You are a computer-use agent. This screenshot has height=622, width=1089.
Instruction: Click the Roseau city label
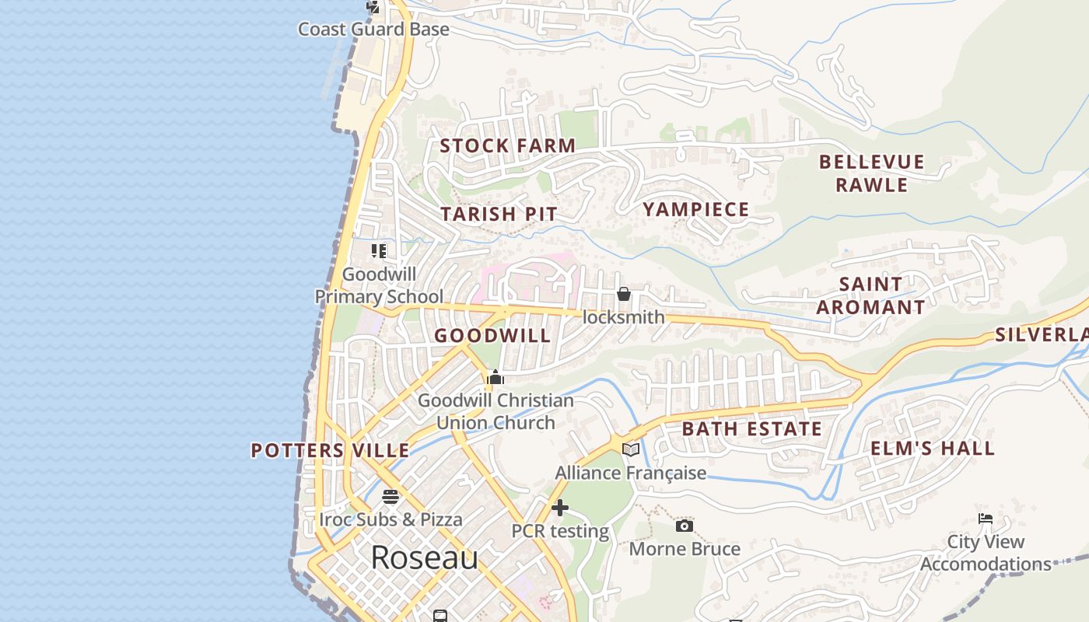[424, 557]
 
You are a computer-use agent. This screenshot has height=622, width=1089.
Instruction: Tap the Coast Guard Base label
[373, 30]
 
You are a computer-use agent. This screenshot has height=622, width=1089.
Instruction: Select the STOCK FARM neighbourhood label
[507, 145]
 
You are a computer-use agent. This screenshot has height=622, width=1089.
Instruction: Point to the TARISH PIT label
[499, 214]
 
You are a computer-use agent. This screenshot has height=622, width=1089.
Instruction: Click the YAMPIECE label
[695, 209]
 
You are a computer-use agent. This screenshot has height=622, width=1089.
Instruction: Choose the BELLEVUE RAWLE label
[871, 173]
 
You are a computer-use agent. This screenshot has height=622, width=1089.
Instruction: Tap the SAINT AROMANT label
[870, 295]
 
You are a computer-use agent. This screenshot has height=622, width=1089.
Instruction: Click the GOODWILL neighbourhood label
[492, 336]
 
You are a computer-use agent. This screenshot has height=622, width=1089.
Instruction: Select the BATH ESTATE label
[751, 429]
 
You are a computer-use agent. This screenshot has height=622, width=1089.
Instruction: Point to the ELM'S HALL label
[932, 449]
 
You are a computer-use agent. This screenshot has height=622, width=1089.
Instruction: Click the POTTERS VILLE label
[330, 450]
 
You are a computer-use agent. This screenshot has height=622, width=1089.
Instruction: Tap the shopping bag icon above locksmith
[623, 294]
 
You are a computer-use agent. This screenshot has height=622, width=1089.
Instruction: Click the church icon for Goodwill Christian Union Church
[495, 379]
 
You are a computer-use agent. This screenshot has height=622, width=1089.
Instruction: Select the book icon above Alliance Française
[631, 450]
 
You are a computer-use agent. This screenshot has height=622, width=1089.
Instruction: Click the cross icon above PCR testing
[559, 508]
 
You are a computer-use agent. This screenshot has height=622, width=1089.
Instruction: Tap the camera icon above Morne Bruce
[684, 526]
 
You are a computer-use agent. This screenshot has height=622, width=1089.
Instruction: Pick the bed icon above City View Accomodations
[986, 519]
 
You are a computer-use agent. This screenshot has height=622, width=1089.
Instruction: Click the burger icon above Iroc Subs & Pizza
[390, 497]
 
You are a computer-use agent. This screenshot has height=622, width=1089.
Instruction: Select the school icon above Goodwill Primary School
[379, 250]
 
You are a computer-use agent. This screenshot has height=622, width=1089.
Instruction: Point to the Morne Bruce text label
[685, 549]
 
